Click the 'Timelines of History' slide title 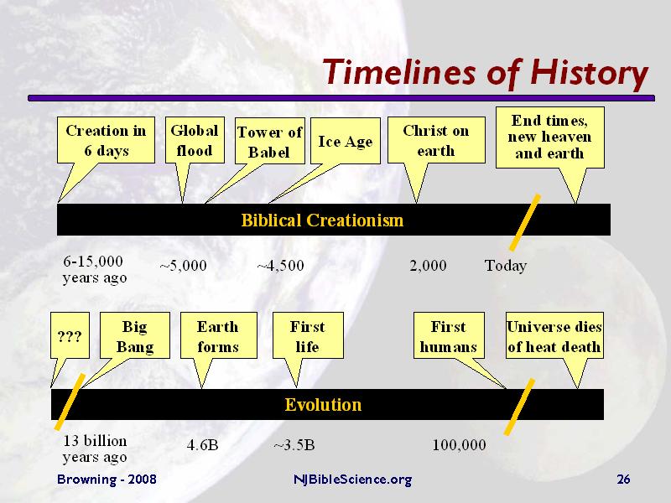pyautogui.click(x=485, y=73)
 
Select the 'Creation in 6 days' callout pyautogui.click(x=106, y=140)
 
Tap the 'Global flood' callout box pyautogui.click(x=194, y=140)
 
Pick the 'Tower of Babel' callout pyautogui.click(x=268, y=142)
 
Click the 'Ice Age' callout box pyautogui.click(x=345, y=142)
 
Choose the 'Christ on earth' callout pyautogui.click(x=435, y=140)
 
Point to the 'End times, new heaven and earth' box pyautogui.click(x=549, y=137)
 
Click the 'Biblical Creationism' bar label pyautogui.click(x=322, y=220)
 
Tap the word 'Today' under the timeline pyautogui.click(x=505, y=266)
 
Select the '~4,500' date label pyautogui.click(x=280, y=266)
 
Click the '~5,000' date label pyautogui.click(x=183, y=266)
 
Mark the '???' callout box pyautogui.click(x=69, y=337)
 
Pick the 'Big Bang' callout pyautogui.click(x=135, y=336)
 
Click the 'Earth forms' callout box pyautogui.click(x=217, y=336)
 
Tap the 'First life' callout pyautogui.click(x=306, y=336)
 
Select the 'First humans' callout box pyautogui.click(x=448, y=336)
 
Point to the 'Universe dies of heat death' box pyautogui.click(x=554, y=336)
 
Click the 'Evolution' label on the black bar pyautogui.click(x=323, y=405)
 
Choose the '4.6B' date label pyautogui.click(x=201, y=445)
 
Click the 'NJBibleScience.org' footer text pyautogui.click(x=352, y=480)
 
